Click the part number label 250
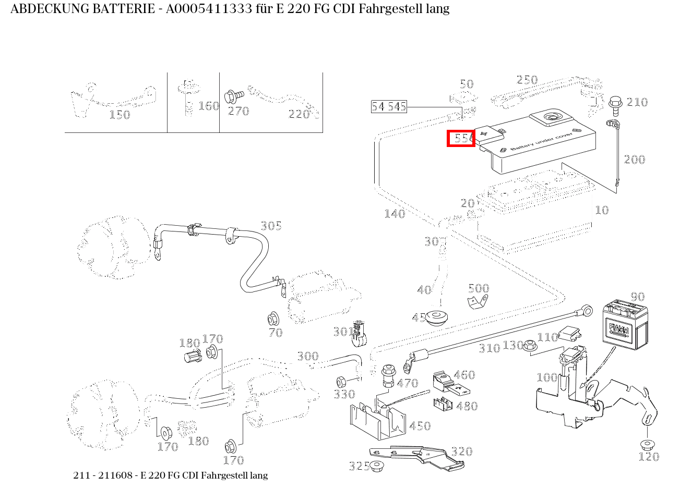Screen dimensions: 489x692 click(x=527, y=80)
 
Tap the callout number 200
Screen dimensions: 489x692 click(x=634, y=160)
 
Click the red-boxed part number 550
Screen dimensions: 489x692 click(x=461, y=138)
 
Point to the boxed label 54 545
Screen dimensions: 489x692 click(x=388, y=107)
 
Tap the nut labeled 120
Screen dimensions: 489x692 click(x=647, y=445)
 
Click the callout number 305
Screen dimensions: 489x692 click(x=271, y=226)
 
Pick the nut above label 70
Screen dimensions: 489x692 click(x=272, y=317)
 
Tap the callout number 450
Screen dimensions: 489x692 click(x=420, y=426)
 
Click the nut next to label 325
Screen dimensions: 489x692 click(x=376, y=465)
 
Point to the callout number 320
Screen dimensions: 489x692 click(x=461, y=451)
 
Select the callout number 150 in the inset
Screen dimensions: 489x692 click(x=119, y=115)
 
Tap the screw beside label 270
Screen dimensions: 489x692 click(x=234, y=96)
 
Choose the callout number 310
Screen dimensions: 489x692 click(x=489, y=348)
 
